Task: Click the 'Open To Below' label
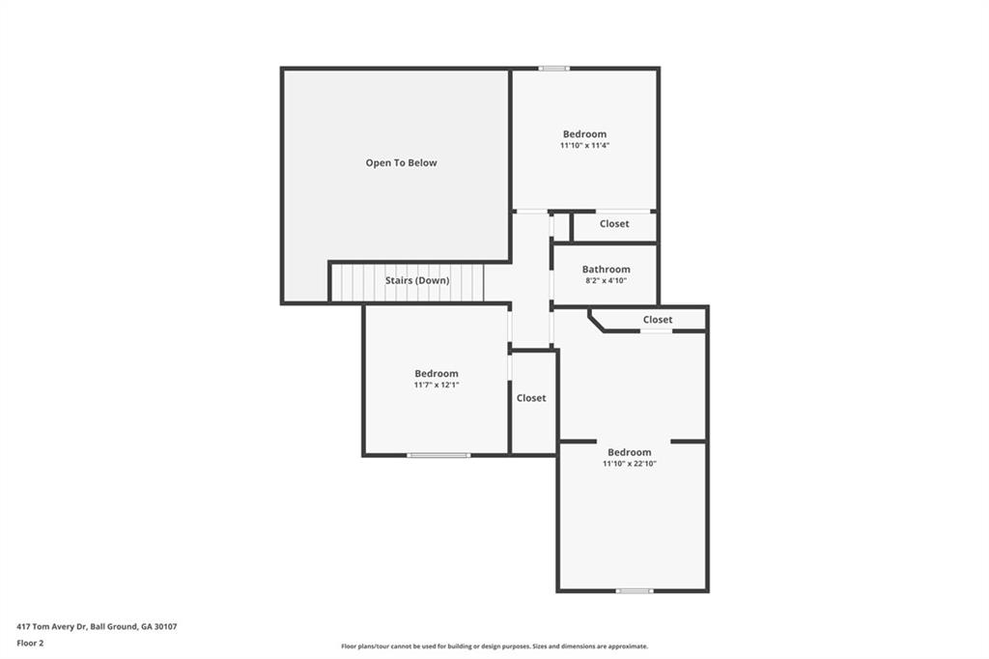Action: coord(401,163)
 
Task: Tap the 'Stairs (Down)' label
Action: coord(417,281)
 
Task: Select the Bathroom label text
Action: coord(606,270)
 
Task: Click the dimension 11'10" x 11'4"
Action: coord(584,146)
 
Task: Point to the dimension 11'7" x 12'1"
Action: coord(437,386)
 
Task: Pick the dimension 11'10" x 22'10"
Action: coord(629,464)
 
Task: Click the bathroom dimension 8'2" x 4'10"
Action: coord(606,281)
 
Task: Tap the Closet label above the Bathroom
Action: coord(614,224)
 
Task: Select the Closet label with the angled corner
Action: coord(658,320)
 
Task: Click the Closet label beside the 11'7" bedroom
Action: coord(531,398)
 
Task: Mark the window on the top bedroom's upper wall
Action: coord(553,68)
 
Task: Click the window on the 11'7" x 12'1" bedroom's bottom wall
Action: coord(438,455)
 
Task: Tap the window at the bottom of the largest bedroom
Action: coord(635,590)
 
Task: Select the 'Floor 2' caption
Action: coord(30,643)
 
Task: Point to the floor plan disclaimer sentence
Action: coord(494,646)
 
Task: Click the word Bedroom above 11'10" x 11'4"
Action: coord(584,134)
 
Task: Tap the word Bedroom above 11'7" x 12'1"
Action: coord(437,374)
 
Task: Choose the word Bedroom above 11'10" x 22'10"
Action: coord(629,452)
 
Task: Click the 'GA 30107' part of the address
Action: coord(158,627)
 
